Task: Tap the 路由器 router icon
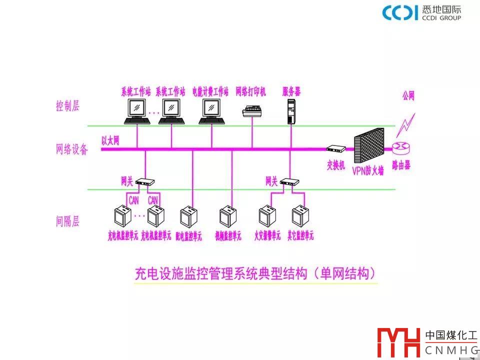(401, 148)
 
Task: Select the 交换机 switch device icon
(336, 148)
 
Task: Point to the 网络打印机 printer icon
(252, 111)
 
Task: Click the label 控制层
(67, 106)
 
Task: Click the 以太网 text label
(110, 140)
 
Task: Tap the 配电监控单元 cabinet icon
(187, 216)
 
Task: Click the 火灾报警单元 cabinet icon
(266, 216)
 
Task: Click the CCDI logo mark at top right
(399, 12)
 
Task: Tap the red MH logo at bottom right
(398, 343)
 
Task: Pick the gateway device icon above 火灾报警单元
(289, 182)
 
